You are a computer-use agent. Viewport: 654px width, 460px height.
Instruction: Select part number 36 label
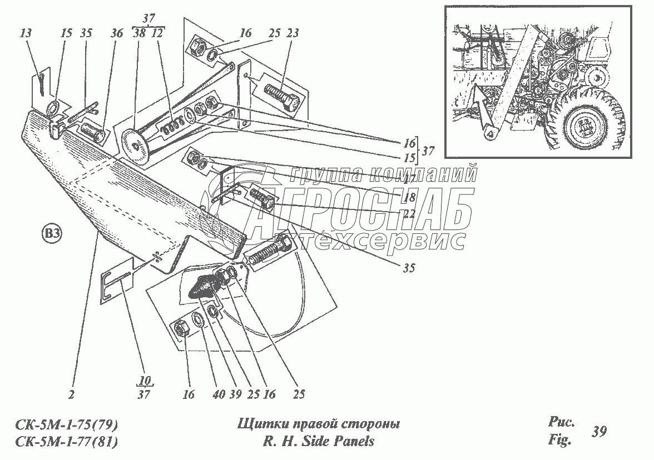[116, 34]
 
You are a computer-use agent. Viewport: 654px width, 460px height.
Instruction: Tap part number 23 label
[293, 34]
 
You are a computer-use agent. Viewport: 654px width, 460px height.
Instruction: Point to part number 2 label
[72, 395]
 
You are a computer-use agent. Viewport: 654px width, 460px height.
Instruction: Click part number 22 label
[410, 213]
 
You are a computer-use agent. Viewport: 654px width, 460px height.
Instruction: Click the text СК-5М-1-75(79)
[66, 426]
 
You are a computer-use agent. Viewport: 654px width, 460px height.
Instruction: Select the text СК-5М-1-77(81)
[66, 442]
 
